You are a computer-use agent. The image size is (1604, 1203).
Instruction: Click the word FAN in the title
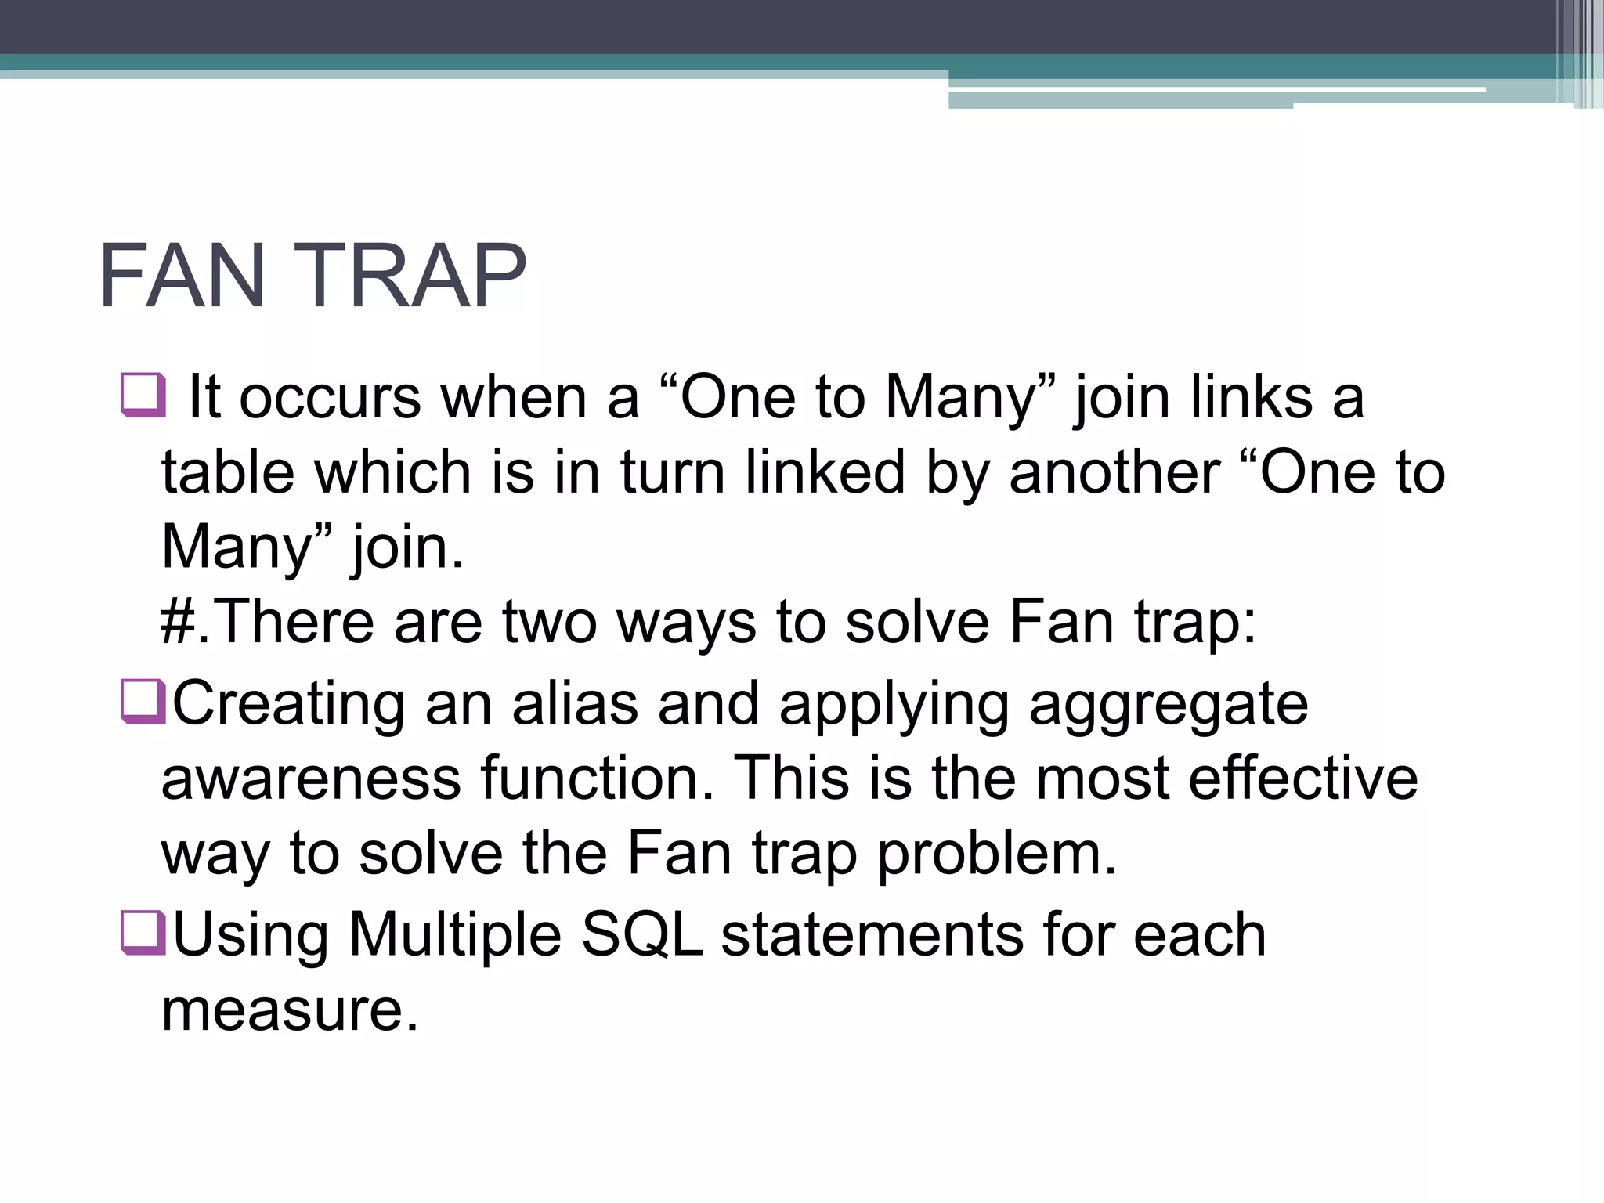coord(182,276)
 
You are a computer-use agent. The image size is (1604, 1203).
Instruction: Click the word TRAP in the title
coord(412,276)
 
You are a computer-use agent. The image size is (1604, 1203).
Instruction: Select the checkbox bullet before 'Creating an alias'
coord(143,701)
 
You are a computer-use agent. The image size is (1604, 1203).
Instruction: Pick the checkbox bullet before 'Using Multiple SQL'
coord(143,932)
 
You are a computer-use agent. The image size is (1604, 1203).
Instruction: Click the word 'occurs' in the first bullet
coord(329,398)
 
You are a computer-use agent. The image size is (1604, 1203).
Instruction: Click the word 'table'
coord(228,472)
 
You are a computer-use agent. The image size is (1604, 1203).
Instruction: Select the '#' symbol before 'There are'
coord(175,622)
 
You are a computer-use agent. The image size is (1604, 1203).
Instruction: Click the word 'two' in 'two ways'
coord(548,622)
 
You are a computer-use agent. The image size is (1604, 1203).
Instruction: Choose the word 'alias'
coord(576,703)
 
